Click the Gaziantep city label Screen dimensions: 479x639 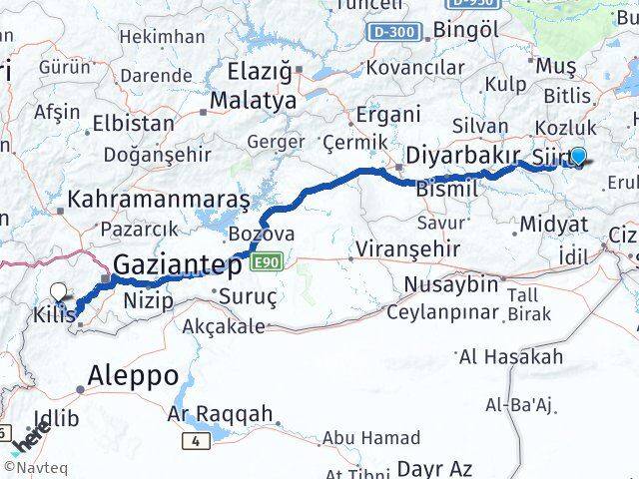point(178,266)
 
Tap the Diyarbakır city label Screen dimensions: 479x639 point(462,156)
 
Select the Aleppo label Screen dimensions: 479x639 point(133,376)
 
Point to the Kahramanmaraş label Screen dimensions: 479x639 point(159,199)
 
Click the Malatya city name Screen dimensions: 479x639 point(252,101)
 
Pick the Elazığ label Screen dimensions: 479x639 point(258,72)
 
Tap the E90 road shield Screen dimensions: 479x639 point(266,260)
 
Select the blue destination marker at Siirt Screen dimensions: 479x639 point(578,156)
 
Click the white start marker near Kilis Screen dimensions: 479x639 point(60,291)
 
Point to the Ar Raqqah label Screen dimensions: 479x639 point(220,414)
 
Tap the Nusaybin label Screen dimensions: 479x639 point(450,284)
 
